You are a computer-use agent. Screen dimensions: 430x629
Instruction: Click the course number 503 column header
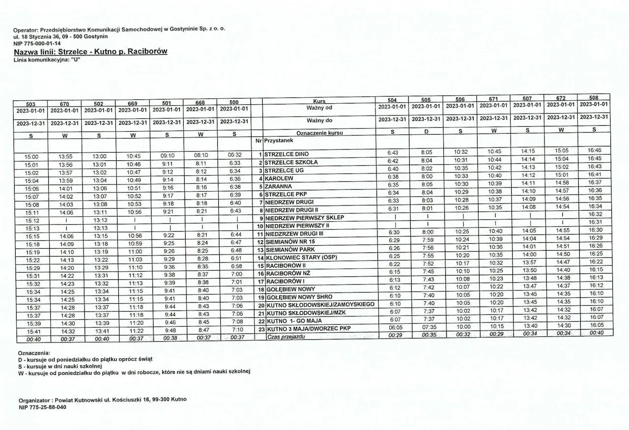pyautogui.click(x=30, y=104)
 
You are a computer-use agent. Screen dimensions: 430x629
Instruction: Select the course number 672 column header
pyautogui.click(x=561, y=98)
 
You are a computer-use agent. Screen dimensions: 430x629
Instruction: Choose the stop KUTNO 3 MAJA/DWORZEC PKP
pyautogui.click(x=309, y=328)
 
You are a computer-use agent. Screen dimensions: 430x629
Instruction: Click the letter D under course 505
pyautogui.click(x=427, y=132)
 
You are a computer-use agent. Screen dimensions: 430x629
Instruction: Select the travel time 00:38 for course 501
pyautogui.click(x=167, y=338)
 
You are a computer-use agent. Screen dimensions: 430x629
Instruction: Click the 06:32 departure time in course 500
pyautogui.click(x=234, y=154)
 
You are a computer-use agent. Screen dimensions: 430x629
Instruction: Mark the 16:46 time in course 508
pyautogui.click(x=595, y=150)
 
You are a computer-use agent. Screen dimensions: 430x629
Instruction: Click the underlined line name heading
pyautogui.click(x=91, y=51)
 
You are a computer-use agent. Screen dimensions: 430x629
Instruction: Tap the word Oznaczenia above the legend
pyautogui.click(x=34, y=353)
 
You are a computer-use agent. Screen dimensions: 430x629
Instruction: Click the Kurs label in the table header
pyautogui.click(x=319, y=101)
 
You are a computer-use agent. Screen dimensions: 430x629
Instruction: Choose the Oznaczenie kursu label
pyautogui.click(x=319, y=133)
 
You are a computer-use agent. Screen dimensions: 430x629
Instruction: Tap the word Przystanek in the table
pyautogui.click(x=280, y=140)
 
